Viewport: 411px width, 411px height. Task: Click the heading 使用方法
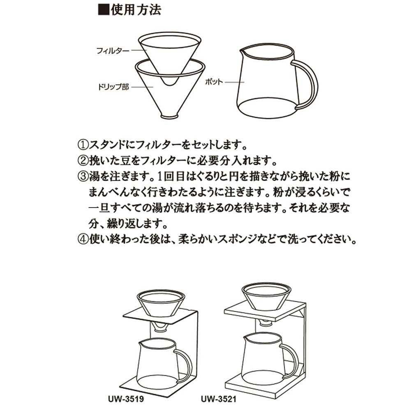tap(136, 10)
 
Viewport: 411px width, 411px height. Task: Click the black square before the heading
tap(104, 10)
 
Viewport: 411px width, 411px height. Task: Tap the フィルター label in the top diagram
tap(113, 50)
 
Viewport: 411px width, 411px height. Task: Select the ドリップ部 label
tap(113, 87)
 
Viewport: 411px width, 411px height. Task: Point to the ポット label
tap(214, 82)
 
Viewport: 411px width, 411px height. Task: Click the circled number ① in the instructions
tap(83, 145)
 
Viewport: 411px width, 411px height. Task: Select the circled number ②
tap(83, 160)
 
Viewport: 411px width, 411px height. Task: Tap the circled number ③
tap(83, 176)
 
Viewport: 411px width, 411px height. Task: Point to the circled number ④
tap(83, 239)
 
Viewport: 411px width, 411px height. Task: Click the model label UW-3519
tap(126, 399)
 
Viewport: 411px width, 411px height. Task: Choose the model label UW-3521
tap(219, 399)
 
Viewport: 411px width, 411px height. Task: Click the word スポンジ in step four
tap(237, 239)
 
